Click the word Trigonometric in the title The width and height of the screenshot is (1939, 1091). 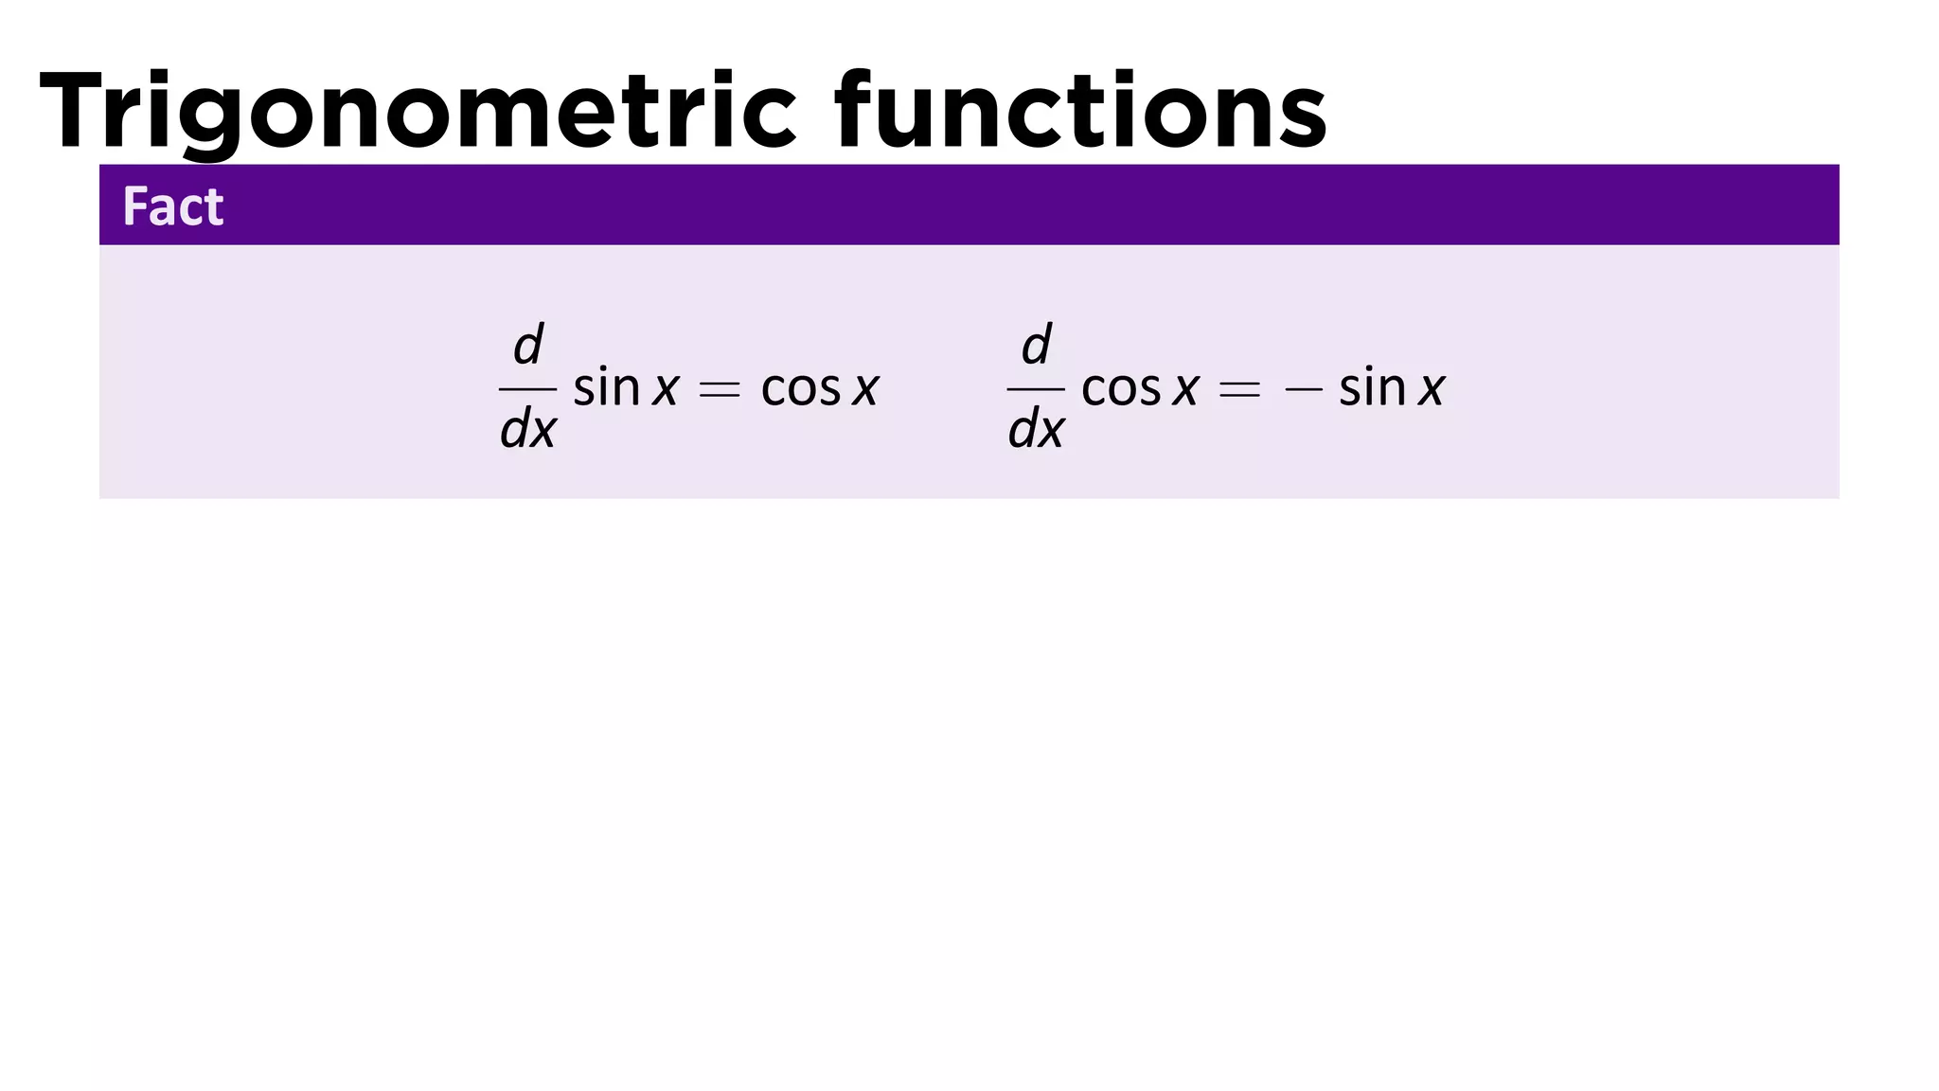tap(418, 112)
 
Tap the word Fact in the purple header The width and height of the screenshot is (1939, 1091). tap(173, 206)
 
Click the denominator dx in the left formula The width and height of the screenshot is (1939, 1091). tap(528, 429)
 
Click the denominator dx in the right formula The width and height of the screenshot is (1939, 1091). tap(1037, 429)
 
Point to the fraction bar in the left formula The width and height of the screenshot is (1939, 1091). tap(528, 388)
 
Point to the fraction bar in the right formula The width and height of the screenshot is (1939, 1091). tap(1037, 388)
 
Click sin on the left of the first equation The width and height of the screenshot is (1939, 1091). tap(607, 387)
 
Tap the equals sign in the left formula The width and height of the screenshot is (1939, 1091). tap(719, 389)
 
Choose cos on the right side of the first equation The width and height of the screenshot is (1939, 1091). tap(801, 389)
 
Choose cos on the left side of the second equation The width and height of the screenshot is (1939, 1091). tap(1121, 389)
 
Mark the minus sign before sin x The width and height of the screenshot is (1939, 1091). tap(1304, 389)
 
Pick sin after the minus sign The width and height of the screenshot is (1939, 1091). tap(1373, 387)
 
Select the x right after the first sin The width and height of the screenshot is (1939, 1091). tap(666, 389)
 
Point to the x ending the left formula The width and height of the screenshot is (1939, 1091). tap(865, 389)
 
